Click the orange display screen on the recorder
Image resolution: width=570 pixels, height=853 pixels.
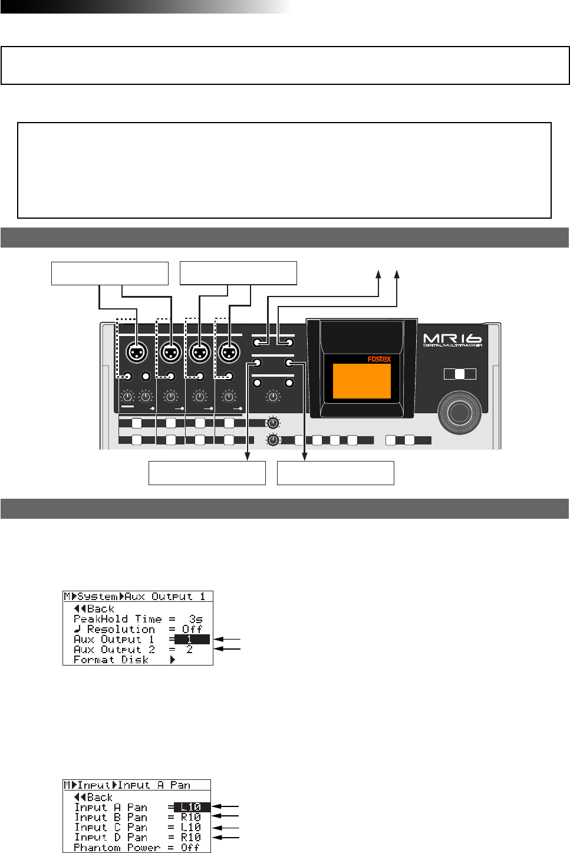pyautogui.click(x=361, y=381)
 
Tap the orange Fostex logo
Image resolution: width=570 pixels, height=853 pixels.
pyautogui.click(x=379, y=358)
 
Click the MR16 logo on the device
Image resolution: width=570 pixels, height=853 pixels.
pyautogui.click(x=452, y=340)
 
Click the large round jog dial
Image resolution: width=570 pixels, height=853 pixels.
pyautogui.click(x=459, y=412)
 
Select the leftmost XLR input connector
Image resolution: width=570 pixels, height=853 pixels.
pyautogui.click(x=137, y=353)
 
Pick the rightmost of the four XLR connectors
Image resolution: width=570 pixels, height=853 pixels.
pyautogui.click(x=229, y=353)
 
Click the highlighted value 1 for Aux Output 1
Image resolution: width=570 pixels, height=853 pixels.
pyautogui.click(x=190, y=640)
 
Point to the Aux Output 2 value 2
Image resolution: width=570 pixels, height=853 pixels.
pyautogui.click(x=189, y=650)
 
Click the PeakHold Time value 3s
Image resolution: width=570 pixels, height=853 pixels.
pyautogui.click(x=196, y=619)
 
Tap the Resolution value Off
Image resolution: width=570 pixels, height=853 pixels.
pyautogui.click(x=192, y=629)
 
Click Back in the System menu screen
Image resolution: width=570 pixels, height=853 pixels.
pyautogui.click(x=94, y=609)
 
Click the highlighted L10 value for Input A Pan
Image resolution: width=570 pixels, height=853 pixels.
pyautogui.click(x=191, y=807)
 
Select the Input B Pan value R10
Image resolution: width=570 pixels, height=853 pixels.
pyautogui.click(x=191, y=817)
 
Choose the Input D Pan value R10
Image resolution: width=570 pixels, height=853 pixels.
pyautogui.click(x=191, y=837)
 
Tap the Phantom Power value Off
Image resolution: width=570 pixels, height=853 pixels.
pyautogui.click(x=190, y=847)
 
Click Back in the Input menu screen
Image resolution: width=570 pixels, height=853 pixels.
pyautogui.click(x=94, y=798)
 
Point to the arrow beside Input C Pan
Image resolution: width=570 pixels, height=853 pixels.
pyautogui.click(x=226, y=827)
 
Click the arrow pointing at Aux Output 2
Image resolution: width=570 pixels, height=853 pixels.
pyautogui.click(x=228, y=649)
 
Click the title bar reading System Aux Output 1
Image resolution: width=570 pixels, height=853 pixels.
pyautogui.click(x=137, y=597)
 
